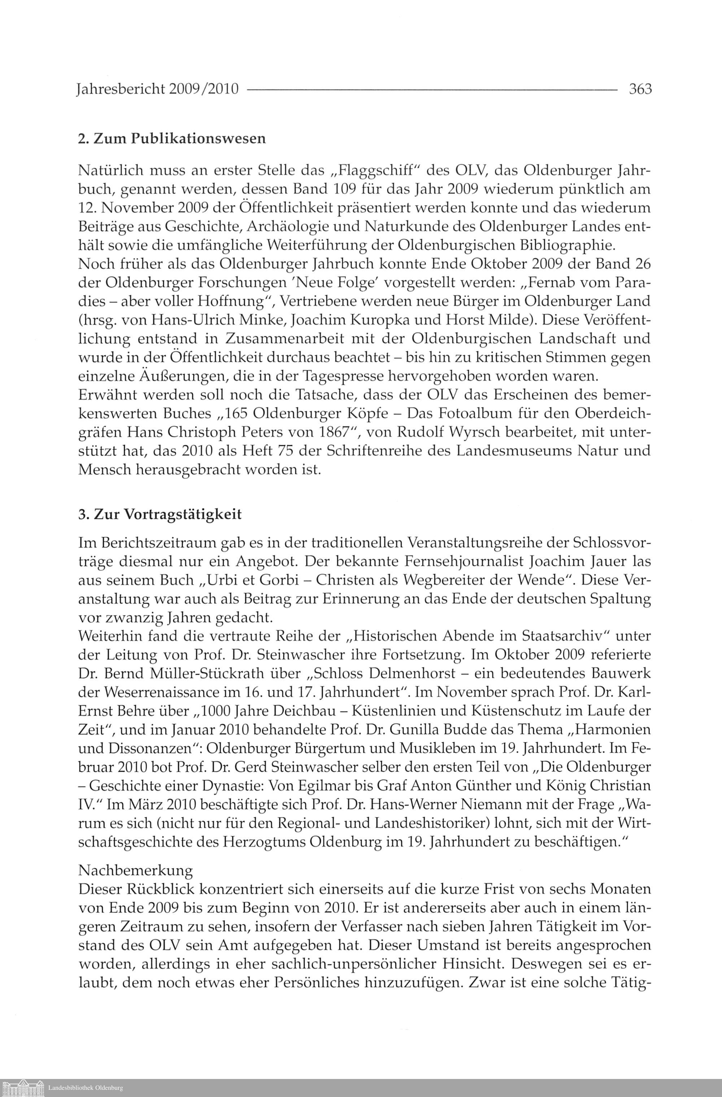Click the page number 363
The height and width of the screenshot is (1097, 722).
tap(640, 88)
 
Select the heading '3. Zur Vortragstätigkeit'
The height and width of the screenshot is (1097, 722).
tap(160, 514)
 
